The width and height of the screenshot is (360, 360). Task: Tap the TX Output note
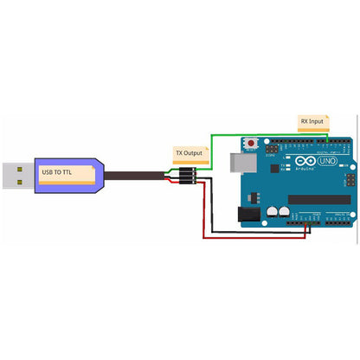tap(189, 153)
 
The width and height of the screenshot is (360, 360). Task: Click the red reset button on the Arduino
tap(252, 141)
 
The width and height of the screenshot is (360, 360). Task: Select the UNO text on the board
tap(325, 162)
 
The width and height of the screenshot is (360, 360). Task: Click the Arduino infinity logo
tap(304, 162)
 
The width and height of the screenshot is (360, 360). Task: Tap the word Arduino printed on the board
tap(304, 170)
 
